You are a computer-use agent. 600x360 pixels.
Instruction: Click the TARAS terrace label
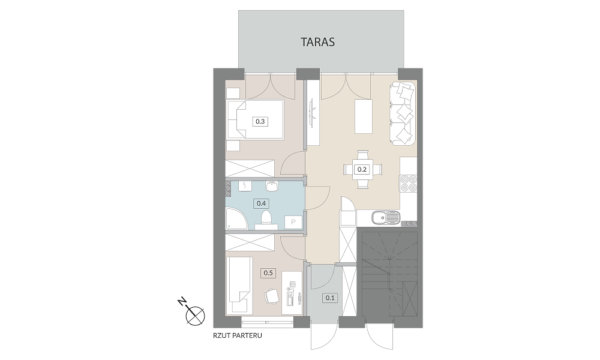point(317,42)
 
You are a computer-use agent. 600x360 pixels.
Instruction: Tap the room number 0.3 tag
point(260,122)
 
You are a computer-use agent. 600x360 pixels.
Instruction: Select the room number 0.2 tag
point(362,169)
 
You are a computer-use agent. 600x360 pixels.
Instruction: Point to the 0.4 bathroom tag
point(261,203)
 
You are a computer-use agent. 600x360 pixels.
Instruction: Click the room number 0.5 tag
point(268,273)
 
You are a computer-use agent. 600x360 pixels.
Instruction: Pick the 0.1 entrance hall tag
point(330,298)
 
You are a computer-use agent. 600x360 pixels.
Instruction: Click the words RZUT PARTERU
point(238,335)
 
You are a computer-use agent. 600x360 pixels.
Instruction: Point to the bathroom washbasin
point(272,186)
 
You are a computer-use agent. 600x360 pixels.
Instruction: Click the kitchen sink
point(386,218)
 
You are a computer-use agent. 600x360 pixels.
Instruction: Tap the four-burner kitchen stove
point(408,183)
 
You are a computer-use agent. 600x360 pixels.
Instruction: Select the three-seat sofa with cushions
point(403,113)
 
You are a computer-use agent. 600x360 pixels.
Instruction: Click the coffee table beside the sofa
point(364,116)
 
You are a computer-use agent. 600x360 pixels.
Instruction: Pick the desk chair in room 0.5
point(271,296)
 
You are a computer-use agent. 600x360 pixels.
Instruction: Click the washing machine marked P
point(293,222)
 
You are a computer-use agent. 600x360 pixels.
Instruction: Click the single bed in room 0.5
point(240,285)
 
